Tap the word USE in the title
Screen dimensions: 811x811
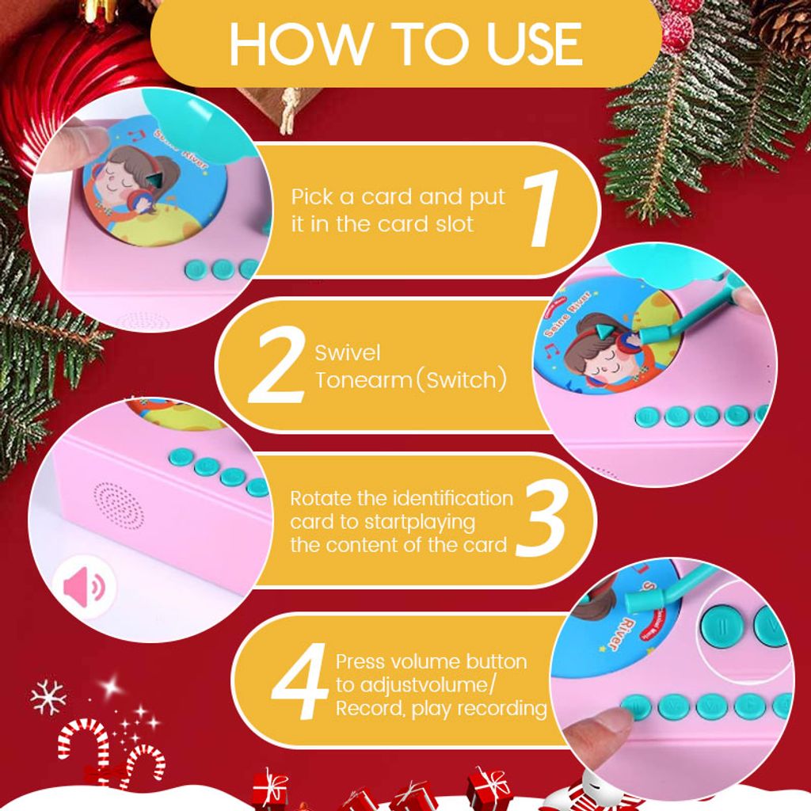tap(535, 44)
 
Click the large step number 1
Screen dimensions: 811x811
tap(541, 208)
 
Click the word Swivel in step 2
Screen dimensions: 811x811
tap(348, 352)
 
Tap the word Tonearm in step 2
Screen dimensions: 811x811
tap(364, 380)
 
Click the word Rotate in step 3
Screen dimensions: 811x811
tap(320, 499)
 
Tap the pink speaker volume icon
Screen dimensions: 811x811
tap(84, 588)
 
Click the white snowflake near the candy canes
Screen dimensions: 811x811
tap(48, 697)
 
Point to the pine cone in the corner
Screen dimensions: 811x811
tap(782, 27)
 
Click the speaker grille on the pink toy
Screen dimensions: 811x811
tap(119, 507)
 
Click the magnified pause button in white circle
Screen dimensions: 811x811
tap(722, 627)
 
